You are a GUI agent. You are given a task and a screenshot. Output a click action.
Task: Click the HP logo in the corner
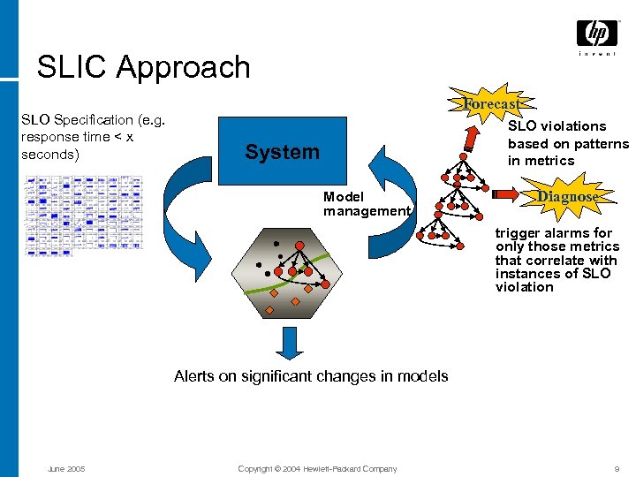596,34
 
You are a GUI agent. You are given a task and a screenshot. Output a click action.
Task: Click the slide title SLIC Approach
143,67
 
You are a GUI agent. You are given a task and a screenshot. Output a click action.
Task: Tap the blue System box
283,152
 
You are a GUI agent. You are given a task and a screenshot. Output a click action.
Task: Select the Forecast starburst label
490,104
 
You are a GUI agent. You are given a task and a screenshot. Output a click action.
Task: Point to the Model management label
366,204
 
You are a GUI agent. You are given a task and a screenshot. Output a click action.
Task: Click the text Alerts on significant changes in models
311,376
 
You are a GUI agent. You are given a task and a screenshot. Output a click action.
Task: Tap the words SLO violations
556,126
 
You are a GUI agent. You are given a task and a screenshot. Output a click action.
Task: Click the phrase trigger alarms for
553,233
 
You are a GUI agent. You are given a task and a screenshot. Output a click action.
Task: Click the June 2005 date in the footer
66,468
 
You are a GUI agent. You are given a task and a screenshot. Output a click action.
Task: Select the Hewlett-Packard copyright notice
317,468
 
